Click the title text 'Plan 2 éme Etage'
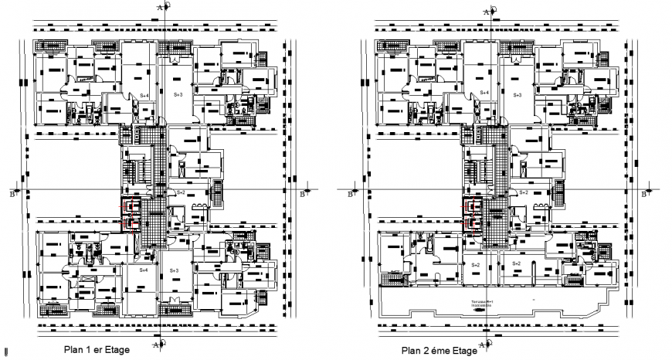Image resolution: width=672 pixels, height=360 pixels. (439, 350)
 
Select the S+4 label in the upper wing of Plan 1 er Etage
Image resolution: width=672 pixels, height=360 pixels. (144, 94)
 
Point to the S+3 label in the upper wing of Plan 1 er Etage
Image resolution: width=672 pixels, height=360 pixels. (177, 94)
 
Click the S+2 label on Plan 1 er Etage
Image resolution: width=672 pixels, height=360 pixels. (181, 192)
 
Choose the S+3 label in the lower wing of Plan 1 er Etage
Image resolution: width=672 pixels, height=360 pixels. (175, 271)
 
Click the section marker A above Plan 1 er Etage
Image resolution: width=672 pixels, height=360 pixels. (161, 7)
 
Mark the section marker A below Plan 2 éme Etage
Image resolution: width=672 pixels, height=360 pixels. (487, 344)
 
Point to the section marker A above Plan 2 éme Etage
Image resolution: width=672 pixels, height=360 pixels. (487, 11)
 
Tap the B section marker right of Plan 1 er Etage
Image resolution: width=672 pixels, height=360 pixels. (304, 192)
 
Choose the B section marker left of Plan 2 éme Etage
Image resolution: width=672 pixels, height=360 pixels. (351, 192)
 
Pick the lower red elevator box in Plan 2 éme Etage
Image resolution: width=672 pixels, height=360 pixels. (471, 222)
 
